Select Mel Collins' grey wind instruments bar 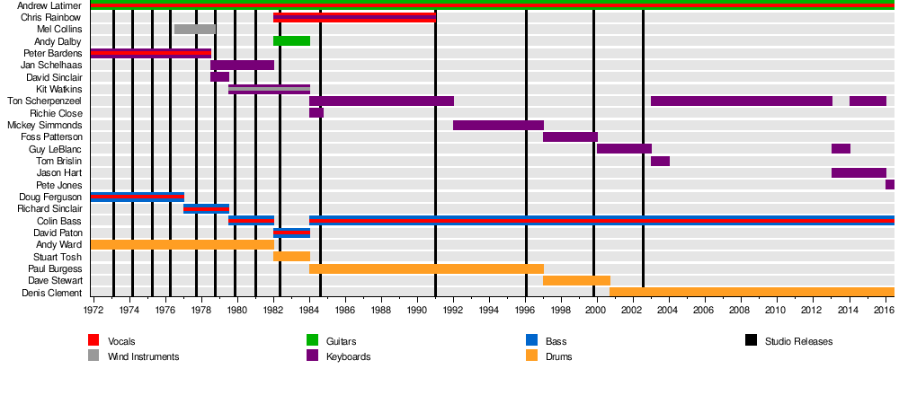pyautogui.click(x=194, y=30)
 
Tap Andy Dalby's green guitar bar pyautogui.click(x=291, y=41)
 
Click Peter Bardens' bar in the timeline pyautogui.click(x=151, y=53)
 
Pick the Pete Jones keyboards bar pyautogui.click(x=890, y=185)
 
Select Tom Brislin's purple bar pyautogui.click(x=660, y=161)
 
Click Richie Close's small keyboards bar pyautogui.click(x=316, y=113)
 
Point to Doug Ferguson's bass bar pyautogui.click(x=138, y=197)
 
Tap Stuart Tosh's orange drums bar pyautogui.click(x=291, y=257)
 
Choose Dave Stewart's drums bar pyautogui.click(x=576, y=281)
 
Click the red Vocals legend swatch pyautogui.click(x=93, y=340)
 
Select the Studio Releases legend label pyautogui.click(x=798, y=341)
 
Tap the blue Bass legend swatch pyautogui.click(x=531, y=340)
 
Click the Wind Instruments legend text pyautogui.click(x=143, y=356)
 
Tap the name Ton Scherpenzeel pyautogui.click(x=45, y=101)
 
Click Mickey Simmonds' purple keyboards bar pyautogui.click(x=498, y=125)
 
